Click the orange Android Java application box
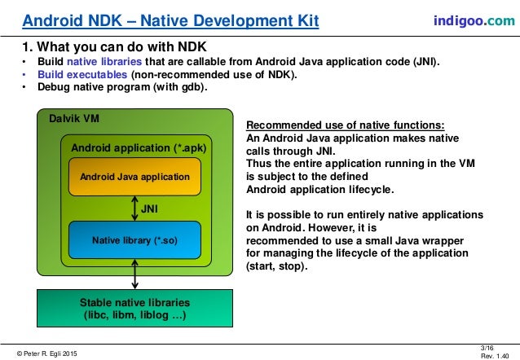click(x=134, y=176)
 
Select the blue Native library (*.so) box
click(x=134, y=240)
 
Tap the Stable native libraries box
click(x=134, y=308)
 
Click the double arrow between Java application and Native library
click(x=134, y=209)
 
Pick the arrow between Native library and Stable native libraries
click(x=134, y=274)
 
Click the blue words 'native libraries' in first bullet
click(x=103, y=61)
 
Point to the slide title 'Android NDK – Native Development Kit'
click(x=170, y=19)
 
